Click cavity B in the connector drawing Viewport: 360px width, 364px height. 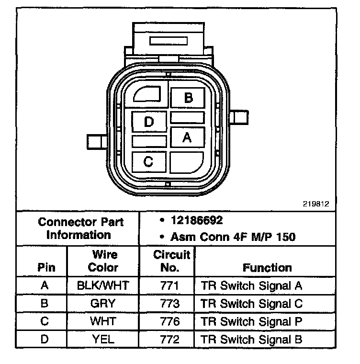(x=188, y=98)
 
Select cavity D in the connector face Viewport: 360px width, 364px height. (x=149, y=122)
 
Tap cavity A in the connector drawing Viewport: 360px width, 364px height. (x=187, y=137)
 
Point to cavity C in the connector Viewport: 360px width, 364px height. (x=148, y=162)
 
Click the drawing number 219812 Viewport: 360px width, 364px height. (x=315, y=204)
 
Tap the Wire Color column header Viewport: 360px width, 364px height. (x=103, y=261)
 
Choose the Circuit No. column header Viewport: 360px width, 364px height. (x=171, y=261)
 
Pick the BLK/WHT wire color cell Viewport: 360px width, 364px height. (x=103, y=286)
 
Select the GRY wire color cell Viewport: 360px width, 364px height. (x=103, y=304)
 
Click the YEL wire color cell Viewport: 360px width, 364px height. (x=103, y=340)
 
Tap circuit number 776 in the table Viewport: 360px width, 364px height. (x=171, y=321)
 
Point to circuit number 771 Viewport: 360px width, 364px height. (x=171, y=286)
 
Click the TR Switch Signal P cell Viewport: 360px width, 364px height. (x=252, y=321)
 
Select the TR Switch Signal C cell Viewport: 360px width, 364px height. (x=252, y=304)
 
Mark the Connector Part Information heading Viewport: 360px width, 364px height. (x=80, y=228)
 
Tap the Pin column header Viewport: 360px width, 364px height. (x=46, y=267)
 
